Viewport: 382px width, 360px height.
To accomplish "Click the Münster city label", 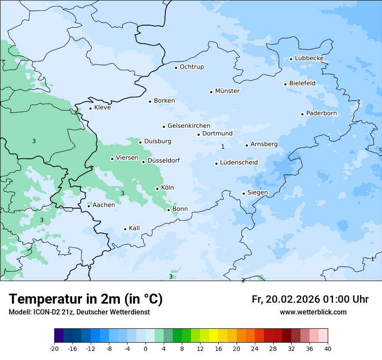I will point(227,91).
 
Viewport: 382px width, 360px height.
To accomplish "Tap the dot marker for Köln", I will point(157,189).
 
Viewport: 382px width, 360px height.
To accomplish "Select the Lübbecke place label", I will point(309,58).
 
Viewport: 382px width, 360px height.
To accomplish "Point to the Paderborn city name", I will point(321,113).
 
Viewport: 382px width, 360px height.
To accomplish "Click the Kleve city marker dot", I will point(90,108).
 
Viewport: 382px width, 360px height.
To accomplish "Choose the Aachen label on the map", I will point(104,205).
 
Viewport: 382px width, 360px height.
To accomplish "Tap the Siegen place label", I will point(257,193).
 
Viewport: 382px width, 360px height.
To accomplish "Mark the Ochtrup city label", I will point(191,67).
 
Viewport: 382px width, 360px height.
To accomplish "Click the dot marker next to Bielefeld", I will point(285,84).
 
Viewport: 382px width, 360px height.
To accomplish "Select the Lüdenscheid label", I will point(239,163).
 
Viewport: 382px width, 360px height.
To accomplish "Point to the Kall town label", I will point(134,228).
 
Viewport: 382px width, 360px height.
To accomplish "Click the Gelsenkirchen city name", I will point(189,126).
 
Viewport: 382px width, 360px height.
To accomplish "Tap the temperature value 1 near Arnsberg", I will point(223,147).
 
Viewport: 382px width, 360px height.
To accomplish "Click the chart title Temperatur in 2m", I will point(86,299).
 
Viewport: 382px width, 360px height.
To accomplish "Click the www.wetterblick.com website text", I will point(313,312).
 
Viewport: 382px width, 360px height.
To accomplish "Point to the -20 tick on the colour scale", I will point(54,349).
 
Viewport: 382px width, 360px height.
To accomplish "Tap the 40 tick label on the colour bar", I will point(328,349).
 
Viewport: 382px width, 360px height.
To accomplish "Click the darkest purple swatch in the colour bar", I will point(59,336).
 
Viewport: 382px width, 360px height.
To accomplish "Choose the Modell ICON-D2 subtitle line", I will point(79,312).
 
